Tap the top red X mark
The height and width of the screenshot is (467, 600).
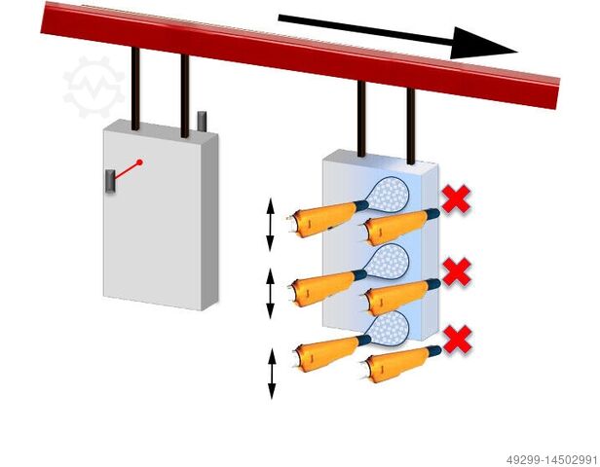(x=455, y=200)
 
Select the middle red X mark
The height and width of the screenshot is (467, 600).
(x=456, y=271)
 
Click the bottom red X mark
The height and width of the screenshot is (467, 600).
(x=457, y=340)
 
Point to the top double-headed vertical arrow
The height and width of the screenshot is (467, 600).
(x=272, y=226)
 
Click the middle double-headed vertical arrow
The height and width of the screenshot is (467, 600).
(x=272, y=294)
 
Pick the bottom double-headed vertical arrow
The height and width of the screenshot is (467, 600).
(x=272, y=374)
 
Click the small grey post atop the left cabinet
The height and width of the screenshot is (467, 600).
(x=203, y=121)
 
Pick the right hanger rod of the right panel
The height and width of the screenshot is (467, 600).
(x=412, y=126)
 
